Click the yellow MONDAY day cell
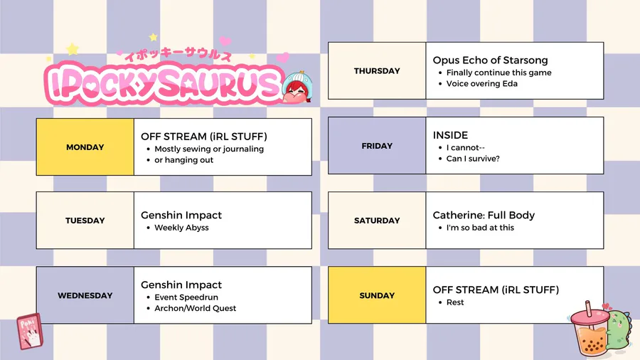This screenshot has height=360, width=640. (x=85, y=147)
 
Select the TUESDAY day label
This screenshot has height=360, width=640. (x=85, y=221)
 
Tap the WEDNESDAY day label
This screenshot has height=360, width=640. (x=85, y=295)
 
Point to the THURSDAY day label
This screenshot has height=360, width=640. (x=377, y=71)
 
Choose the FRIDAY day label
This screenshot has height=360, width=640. (x=377, y=146)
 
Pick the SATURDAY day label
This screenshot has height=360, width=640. (x=377, y=221)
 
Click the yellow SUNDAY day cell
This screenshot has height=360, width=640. (x=377, y=295)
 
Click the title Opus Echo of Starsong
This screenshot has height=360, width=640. (x=490, y=60)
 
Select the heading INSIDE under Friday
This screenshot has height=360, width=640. (x=450, y=135)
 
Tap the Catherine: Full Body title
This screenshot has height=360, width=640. (x=484, y=215)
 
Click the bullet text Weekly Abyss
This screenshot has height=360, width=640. (x=181, y=228)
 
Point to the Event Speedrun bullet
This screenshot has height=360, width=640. (x=186, y=297)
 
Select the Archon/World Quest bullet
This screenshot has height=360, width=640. (x=195, y=308)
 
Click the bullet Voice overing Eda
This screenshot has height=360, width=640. (x=481, y=84)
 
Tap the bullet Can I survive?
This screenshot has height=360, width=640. (x=473, y=159)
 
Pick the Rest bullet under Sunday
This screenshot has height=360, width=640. (x=454, y=302)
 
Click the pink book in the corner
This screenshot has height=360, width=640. (x=29, y=332)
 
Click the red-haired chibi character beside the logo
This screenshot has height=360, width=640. (x=297, y=88)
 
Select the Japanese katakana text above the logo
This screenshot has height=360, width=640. (x=178, y=54)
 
